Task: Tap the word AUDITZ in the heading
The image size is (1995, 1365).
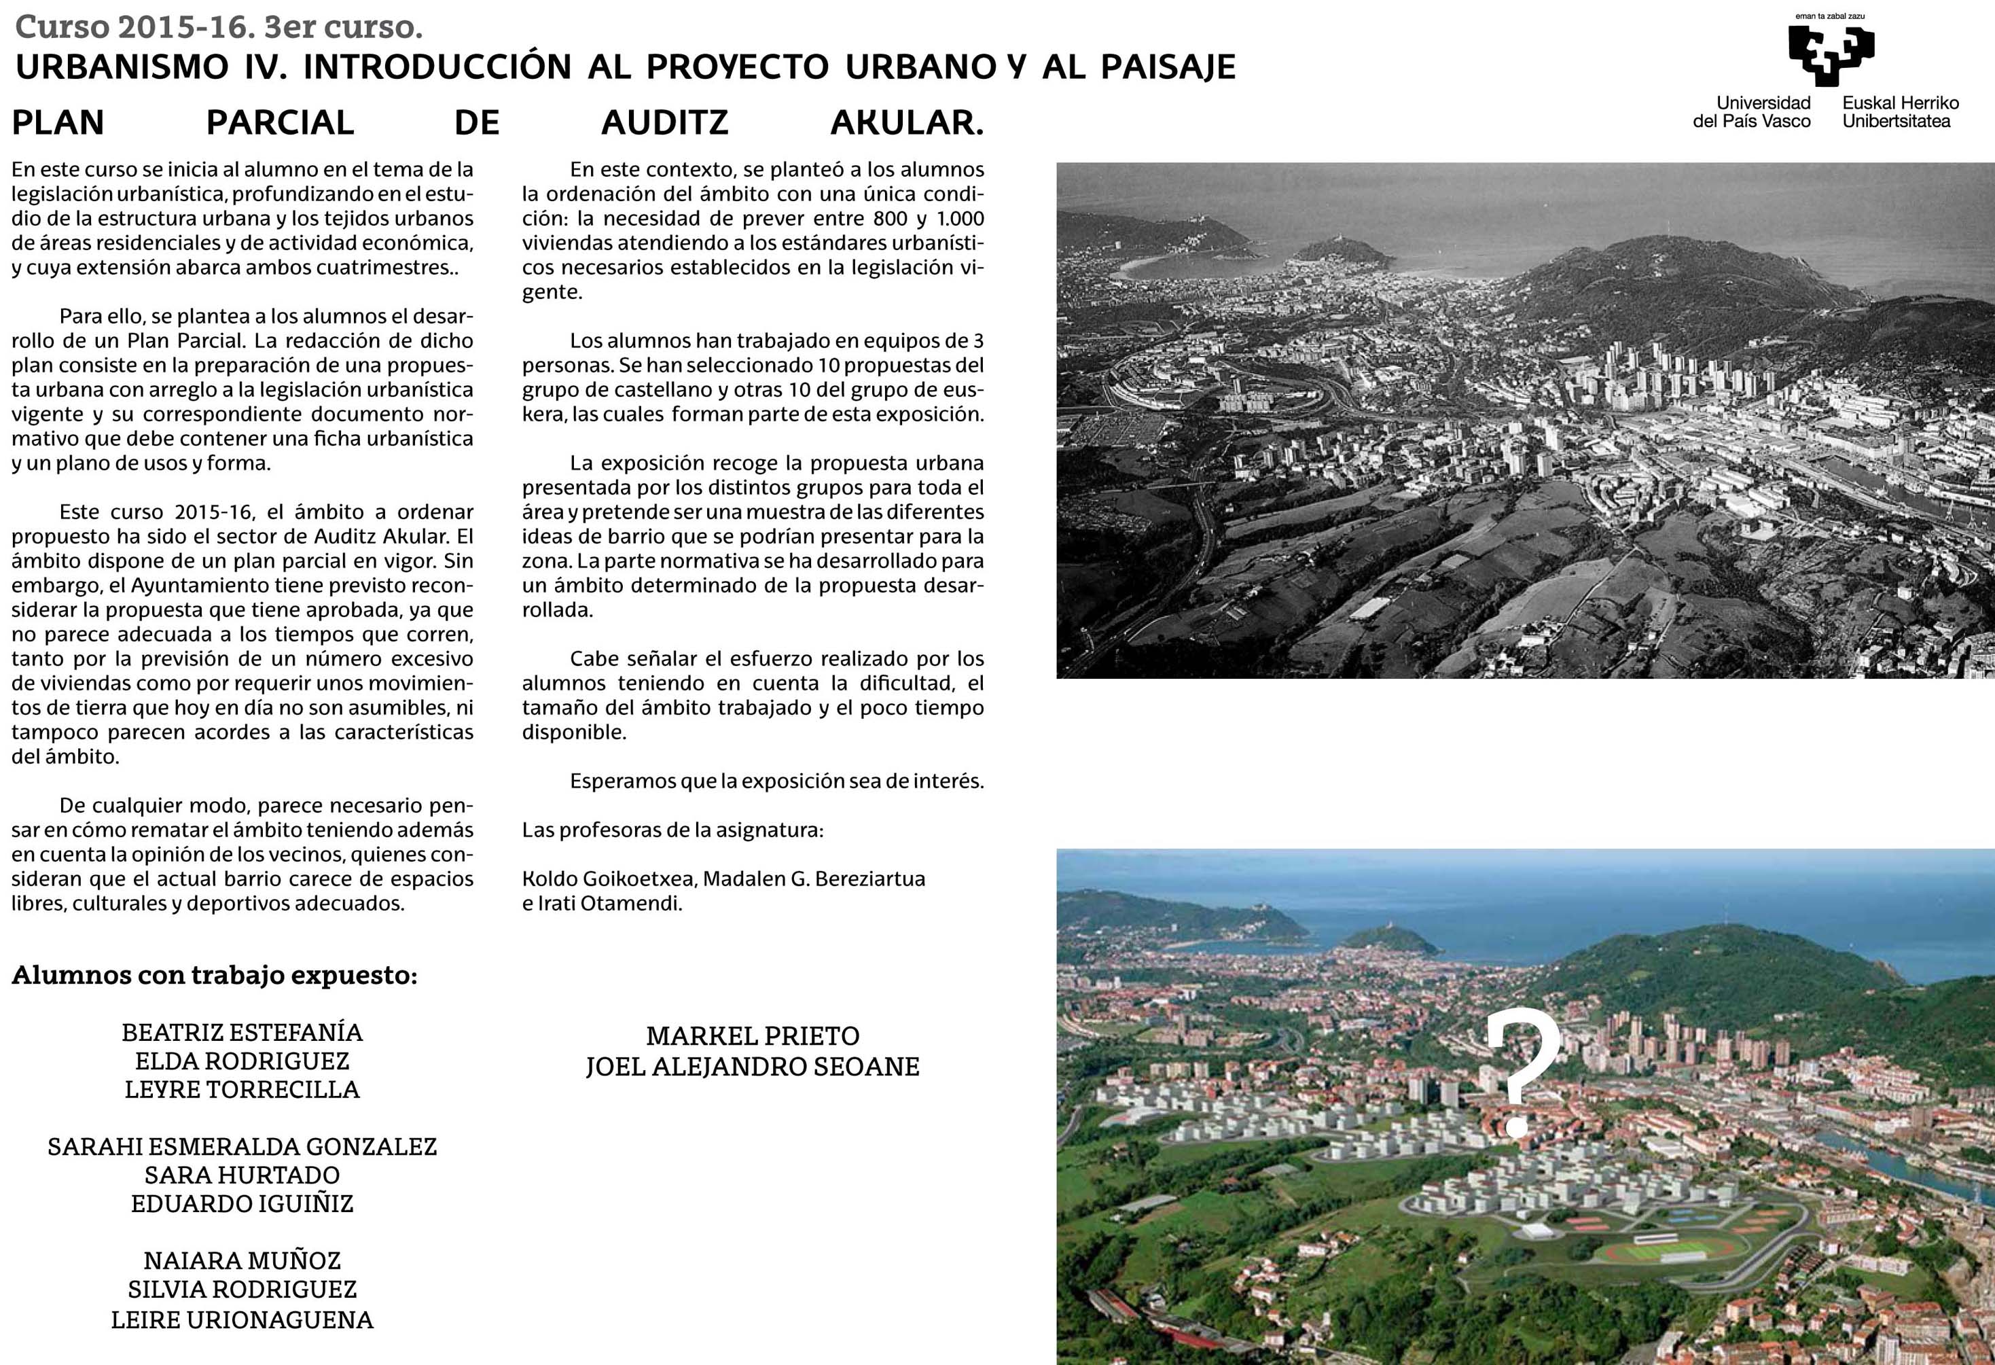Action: point(664,123)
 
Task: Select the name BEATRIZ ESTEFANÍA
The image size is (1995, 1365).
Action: point(242,1032)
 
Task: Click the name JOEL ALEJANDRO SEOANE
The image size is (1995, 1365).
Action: point(753,1067)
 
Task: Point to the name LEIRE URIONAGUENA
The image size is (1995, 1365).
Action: point(242,1319)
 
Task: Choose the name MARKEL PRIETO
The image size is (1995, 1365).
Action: point(753,1036)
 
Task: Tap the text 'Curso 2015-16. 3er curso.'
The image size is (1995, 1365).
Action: point(219,27)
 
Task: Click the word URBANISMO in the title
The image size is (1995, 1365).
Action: point(122,67)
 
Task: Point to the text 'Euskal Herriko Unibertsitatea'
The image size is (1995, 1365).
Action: point(1900,111)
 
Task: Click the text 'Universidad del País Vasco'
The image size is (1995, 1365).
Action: point(1752,111)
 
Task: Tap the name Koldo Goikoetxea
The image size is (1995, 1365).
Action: point(608,879)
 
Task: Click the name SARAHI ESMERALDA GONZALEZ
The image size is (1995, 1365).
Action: point(242,1147)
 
